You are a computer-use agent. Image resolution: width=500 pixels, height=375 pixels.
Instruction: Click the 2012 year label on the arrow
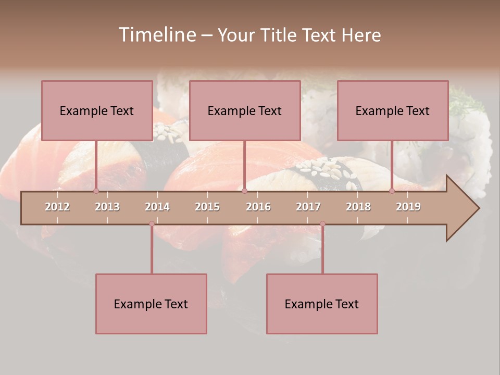(57, 207)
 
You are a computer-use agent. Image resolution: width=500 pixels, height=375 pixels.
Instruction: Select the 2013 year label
(107, 207)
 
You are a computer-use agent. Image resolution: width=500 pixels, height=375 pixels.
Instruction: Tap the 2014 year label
(157, 207)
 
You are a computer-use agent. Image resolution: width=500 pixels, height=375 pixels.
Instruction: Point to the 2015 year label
(207, 207)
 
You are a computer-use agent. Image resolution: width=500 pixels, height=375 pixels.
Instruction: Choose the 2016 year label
(258, 207)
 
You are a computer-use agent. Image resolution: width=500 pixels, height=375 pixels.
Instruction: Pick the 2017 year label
(308, 207)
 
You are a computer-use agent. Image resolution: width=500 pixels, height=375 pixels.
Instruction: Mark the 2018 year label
(358, 207)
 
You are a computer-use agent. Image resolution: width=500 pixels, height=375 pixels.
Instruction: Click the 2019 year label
(408, 207)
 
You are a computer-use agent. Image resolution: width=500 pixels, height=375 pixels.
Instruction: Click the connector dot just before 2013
(96, 191)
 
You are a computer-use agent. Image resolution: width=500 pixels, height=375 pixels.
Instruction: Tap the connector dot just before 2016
(244, 191)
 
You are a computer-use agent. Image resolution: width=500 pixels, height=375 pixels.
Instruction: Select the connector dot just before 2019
(392, 191)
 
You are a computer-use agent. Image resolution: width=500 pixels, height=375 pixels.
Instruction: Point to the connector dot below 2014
(152, 223)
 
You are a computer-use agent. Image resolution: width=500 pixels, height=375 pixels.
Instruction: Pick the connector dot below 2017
(322, 223)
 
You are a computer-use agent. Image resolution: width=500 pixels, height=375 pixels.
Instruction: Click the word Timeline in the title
(156, 35)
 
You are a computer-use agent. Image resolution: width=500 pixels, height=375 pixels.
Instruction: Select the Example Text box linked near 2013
(97, 110)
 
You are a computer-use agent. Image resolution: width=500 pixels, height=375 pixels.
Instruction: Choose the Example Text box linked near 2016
(245, 110)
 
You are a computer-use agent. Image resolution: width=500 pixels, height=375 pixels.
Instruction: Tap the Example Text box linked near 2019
(393, 110)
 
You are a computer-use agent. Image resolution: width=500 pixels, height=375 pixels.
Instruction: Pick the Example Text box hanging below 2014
(151, 304)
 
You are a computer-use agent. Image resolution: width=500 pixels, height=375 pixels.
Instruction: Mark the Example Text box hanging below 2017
(322, 304)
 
